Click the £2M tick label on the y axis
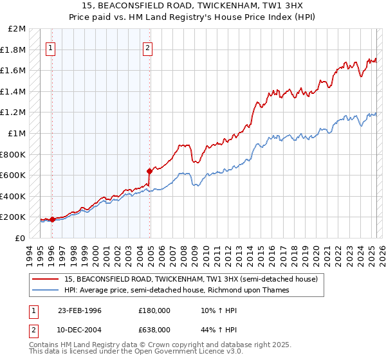tap(17, 29)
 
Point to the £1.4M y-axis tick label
tap(14, 92)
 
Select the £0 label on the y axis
tap(20, 238)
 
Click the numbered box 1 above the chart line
tap(50, 47)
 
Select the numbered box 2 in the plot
tap(148, 47)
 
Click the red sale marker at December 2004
tap(149, 171)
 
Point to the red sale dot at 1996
tap(53, 219)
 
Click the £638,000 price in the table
tap(154, 330)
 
